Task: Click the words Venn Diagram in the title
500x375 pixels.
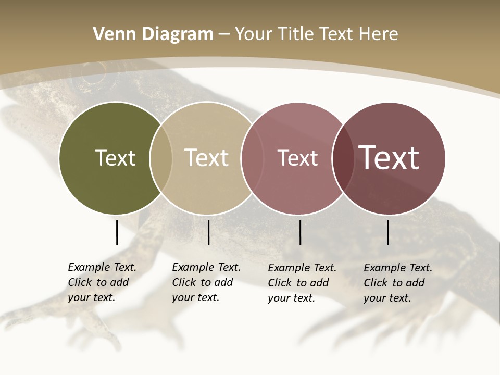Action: [x=153, y=34]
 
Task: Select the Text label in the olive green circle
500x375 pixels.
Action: [x=115, y=158]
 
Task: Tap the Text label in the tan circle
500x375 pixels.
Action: [x=206, y=158]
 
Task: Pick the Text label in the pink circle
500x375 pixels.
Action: [x=297, y=158]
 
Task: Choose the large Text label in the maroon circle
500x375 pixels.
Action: [x=389, y=158]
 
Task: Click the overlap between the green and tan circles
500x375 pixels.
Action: [x=161, y=158]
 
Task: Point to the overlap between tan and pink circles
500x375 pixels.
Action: [x=252, y=158]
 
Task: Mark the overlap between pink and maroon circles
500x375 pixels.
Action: [x=343, y=158]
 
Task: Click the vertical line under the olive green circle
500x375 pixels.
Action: [x=117, y=232]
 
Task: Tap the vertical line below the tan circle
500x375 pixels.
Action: [x=208, y=232]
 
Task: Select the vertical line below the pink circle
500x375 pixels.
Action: [x=300, y=232]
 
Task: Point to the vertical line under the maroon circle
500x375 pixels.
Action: [x=388, y=232]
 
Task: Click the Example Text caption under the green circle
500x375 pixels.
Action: [x=102, y=282]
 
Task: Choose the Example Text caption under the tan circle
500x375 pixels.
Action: [x=206, y=282]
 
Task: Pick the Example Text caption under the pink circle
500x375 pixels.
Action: [x=302, y=283]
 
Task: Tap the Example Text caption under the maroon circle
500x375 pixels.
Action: [x=398, y=283]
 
